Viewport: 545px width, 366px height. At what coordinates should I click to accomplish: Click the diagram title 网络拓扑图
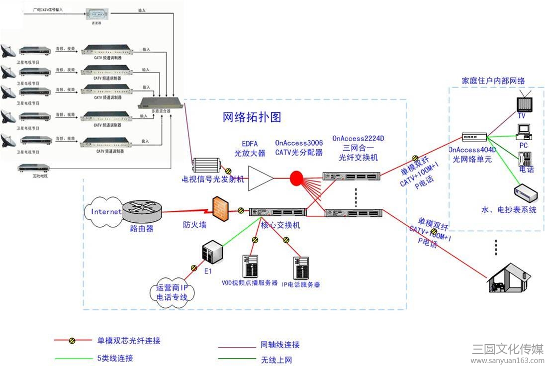click(x=252, y=117)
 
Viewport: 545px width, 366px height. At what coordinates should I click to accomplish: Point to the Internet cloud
click(x=105, y=211)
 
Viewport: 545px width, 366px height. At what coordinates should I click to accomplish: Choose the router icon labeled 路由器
click(x=142, y=211)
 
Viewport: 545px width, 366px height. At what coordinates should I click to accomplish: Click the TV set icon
click(x=523, y=101)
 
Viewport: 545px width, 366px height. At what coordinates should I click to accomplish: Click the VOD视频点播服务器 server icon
click(x=250, y=267)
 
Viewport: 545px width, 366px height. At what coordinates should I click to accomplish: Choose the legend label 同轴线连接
click(x=280, y=345)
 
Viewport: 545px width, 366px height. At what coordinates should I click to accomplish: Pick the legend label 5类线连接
click(x=115, y=358)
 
